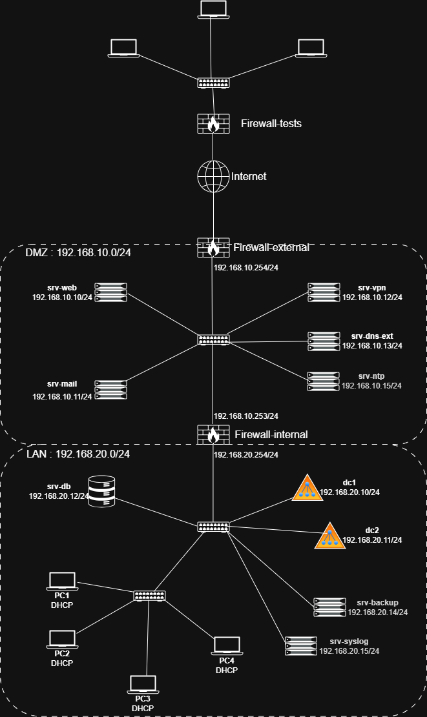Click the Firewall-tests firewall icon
(213, 123)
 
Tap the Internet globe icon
(213, 176)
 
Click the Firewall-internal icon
(213, 434)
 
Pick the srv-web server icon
(110, 292)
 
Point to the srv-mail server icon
(110, 389)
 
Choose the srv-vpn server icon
(324, 292)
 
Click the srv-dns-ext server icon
(324, 340)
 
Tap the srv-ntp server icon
(324, 381)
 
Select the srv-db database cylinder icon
(101, 491)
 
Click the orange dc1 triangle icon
(307, 489)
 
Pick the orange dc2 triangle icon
(330, 536)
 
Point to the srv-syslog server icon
(302, 646)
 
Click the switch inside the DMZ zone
(213, 339)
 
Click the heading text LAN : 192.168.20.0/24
(79, 454)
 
